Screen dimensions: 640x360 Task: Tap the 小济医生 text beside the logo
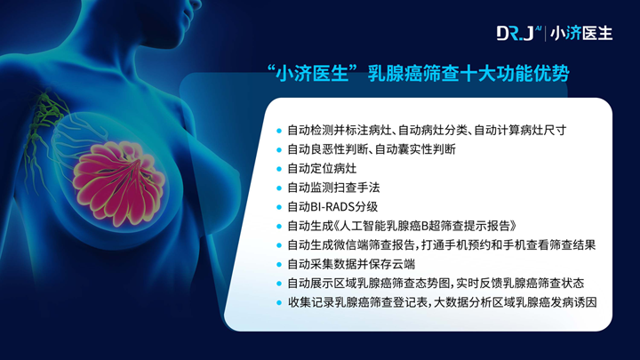click(581, 34)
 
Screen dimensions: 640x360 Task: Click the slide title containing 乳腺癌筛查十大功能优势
click(418, 74)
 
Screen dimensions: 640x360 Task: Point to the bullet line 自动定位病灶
click(322, 168)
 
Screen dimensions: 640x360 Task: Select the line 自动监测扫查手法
click(333, 188)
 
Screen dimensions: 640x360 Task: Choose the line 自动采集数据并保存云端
click(351, 264)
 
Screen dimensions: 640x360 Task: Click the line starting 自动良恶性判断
click(372, 149)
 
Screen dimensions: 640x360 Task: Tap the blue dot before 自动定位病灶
click(279, 169)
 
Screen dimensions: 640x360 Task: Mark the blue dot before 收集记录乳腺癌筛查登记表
click(279, 303)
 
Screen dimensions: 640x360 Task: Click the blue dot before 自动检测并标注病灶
click(279, 131)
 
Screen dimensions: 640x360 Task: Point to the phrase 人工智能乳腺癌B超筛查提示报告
click(425, 226)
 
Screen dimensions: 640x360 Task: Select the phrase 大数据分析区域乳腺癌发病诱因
click(515, 302)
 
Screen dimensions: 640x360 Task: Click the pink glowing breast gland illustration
click(118, 181)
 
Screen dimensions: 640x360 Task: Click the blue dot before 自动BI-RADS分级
click(279, 207)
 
